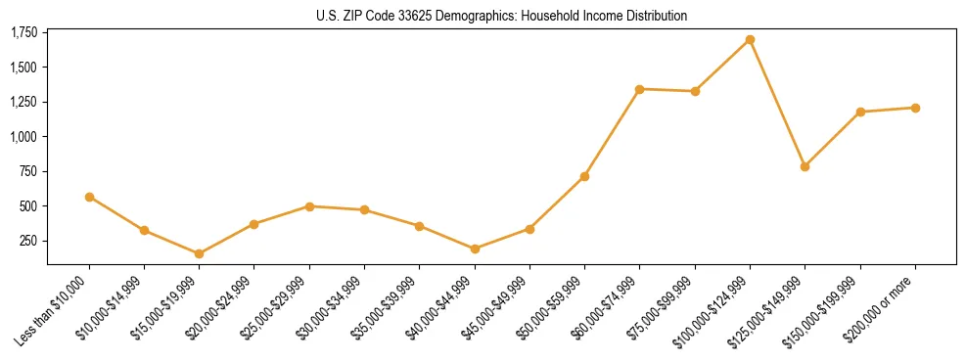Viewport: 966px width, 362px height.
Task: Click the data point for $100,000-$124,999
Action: coord(750,40)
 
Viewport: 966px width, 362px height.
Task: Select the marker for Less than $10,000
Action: coord(89,197)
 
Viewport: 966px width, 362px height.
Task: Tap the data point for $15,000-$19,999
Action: coord(199,253)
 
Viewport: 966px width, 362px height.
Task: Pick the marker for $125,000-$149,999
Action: coord(805,166)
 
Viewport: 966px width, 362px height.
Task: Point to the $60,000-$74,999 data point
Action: coord(639,89)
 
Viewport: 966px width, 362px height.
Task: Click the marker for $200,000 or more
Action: coord(915,108)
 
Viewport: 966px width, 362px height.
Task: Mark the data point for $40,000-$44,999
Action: coord(475,249)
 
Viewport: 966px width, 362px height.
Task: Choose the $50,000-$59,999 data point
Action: coord(584,176)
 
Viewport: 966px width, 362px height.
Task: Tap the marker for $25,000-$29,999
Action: coord(309,206)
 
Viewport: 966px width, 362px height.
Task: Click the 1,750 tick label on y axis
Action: coord(23,33)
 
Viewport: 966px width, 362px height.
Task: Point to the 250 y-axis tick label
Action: coord(27,241)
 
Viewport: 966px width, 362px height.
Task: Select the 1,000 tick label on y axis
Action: coord(23,137)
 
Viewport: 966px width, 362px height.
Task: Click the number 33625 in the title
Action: coord(410,16)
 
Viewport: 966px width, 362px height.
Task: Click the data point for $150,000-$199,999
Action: coord(860,112)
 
